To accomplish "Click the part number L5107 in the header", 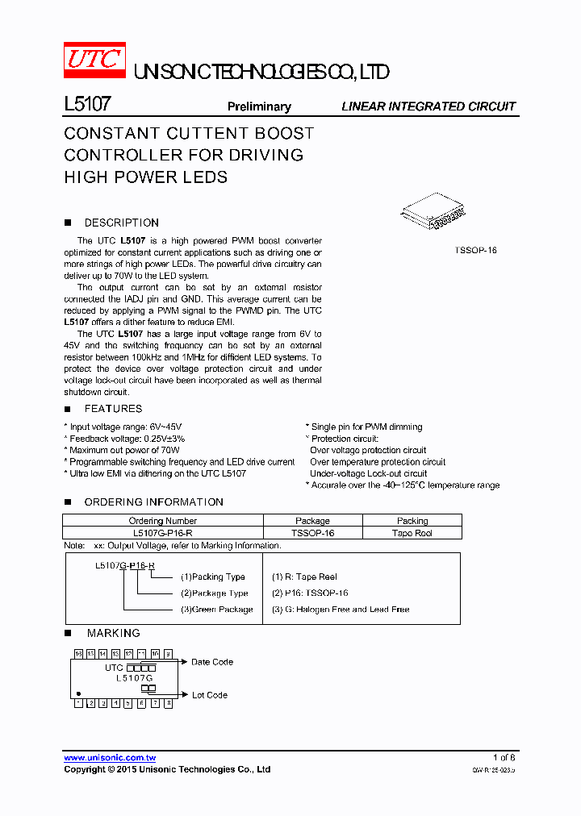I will tap(87, 105).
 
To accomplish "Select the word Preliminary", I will tap(259, 106).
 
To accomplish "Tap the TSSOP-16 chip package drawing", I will tap(436, 214).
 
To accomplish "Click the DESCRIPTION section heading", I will tap(121, 223).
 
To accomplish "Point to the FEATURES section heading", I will tap(113, 409).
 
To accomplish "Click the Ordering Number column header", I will tap(163, 521).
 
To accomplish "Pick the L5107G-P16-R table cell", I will tap(163, 533).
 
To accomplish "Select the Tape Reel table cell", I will tap(412, 533).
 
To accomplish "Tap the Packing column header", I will tap(412, 521).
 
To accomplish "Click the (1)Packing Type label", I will tap(213, 577).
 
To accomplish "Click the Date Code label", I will tap(212, 662).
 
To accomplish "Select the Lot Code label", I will tap(209, 695).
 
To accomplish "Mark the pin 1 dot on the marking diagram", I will tap(79, 693).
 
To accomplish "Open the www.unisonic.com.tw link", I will tap(110, 758).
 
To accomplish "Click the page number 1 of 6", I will tap(504, 758).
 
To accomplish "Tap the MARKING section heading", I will tap(113, 633).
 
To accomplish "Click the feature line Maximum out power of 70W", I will tap(123, 450).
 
